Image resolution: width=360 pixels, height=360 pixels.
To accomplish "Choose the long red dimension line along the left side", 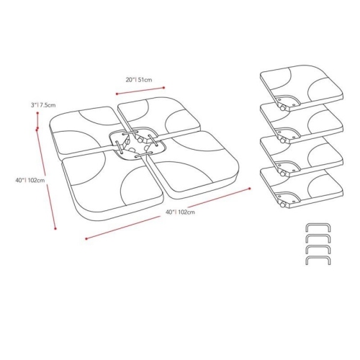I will point(45,180).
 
